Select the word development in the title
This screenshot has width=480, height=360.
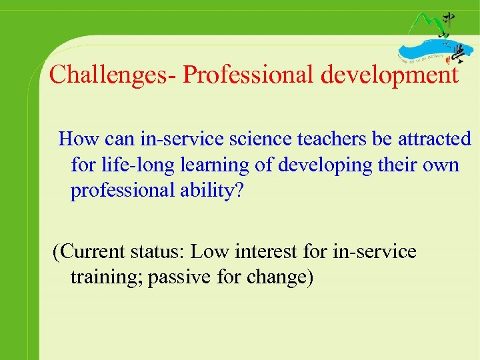(390, 75)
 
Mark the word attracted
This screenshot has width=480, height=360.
(434, 139)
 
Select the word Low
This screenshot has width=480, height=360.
(208, 252)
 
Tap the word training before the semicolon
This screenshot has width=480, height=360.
(107, 277)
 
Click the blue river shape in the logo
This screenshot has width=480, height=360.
(427, 51)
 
